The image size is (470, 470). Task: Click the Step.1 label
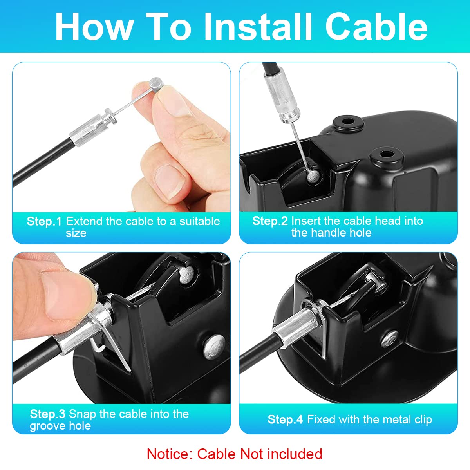pos(44,222)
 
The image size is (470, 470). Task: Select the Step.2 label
pos(270,221)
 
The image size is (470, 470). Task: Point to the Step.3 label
pos(47,414)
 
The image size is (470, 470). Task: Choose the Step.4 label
pos(285,419)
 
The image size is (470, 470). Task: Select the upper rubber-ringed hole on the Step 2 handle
pos(348,121)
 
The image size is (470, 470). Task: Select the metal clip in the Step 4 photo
pos(316,324)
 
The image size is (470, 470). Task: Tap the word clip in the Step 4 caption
pos(422,420)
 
